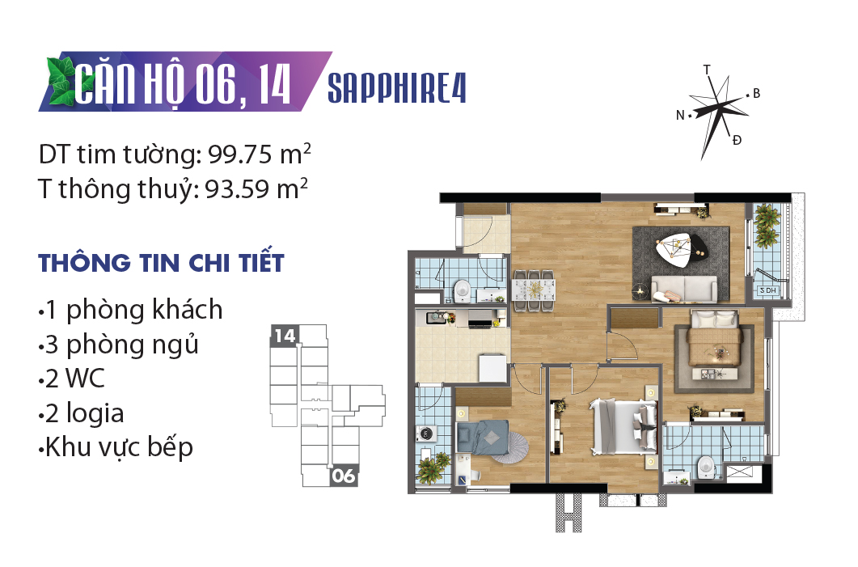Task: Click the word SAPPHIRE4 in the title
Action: [x=397, y=88]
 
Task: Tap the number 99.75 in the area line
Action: [x=240, y=154]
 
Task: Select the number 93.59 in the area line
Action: [x=237, y=189]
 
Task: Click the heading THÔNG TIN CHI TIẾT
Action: [x=162, y=262]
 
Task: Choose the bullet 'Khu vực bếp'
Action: [x=116, y=447]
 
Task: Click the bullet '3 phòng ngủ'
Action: [x=119, y=345]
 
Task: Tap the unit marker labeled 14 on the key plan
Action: [x=285, y=335]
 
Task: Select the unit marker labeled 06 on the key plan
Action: [x=344, y=476]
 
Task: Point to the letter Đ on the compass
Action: [x=737, y=141]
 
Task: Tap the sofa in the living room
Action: [x=684, y=289]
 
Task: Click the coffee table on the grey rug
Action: [x=682, y=249]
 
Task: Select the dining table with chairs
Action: [x=534, y=290]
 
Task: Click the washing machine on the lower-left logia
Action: [x=425, y=434]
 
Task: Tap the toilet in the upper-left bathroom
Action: [x=463, y=290]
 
